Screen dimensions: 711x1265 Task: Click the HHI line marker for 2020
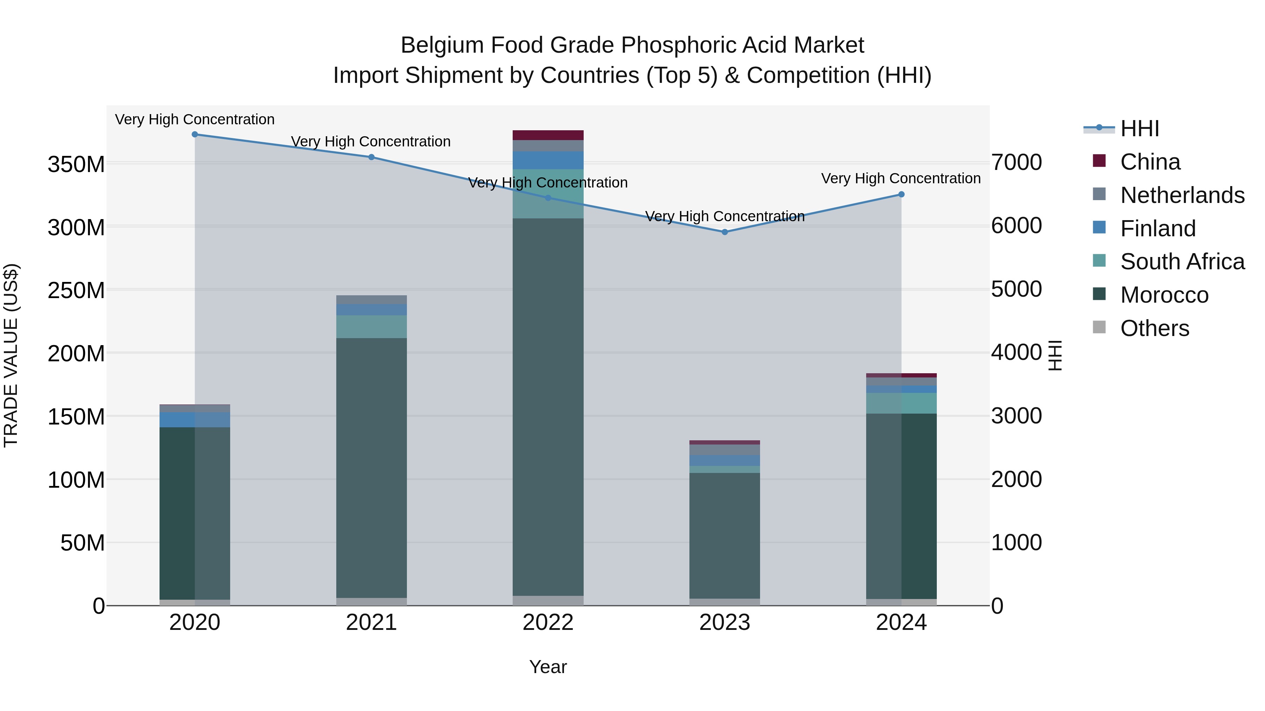[195, 134]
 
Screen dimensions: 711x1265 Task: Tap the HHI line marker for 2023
[725, 232]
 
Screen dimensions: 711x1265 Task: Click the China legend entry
[1150, 162]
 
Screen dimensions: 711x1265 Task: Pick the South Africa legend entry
[1182, 262]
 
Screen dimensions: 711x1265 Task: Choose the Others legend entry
[1155, 328]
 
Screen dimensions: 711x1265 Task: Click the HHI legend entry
[1139, 129]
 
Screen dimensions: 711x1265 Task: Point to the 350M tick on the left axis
[76, 164]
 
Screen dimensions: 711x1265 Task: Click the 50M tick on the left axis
[83, 543]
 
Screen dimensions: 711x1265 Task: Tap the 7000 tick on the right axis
[1017, 163]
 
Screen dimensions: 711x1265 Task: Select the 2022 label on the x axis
[548, 623]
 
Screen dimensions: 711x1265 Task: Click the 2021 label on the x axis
[371, 623]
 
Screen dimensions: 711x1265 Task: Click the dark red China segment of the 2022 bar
[548, 136]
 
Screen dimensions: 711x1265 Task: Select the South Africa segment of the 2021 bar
[371, 327]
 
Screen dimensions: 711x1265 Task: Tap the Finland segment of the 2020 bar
[195, 420]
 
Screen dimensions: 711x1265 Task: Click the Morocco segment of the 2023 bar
[725, 535]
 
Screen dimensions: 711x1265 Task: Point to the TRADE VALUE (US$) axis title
[11, 355]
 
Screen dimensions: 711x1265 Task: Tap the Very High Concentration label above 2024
[901, 179]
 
